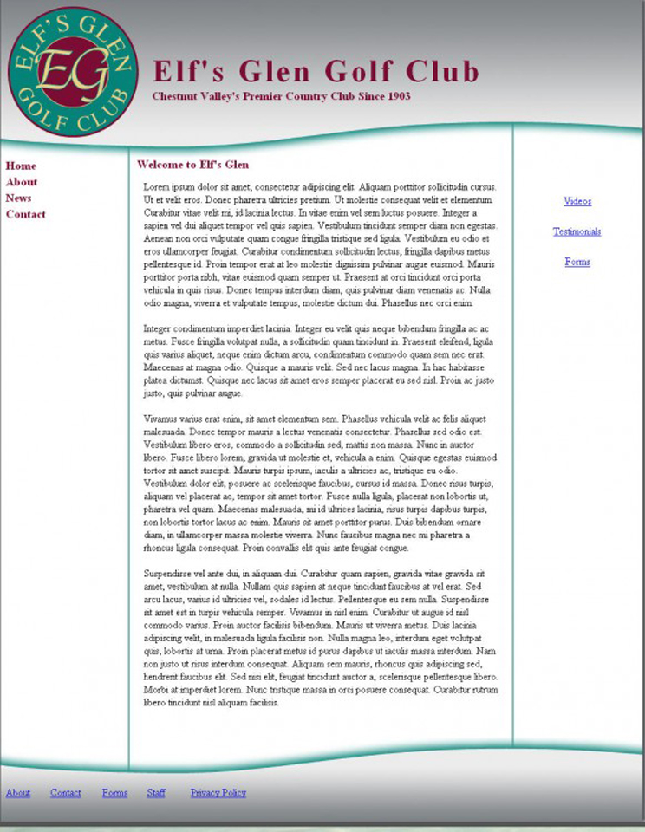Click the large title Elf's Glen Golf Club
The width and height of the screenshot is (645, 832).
pos(316,71)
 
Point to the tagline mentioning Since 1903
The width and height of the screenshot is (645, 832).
pos(281,96)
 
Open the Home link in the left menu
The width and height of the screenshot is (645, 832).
pos(21,166)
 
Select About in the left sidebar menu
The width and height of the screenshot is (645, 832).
pos(22,182)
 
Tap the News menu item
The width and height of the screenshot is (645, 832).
pos(18,198)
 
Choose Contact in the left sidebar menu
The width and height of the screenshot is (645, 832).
pos(26,214)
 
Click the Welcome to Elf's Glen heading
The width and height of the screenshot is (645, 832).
pos(192,164)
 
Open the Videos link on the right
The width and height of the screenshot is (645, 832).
pos(577,201)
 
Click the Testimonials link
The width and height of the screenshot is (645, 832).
pos(577,231)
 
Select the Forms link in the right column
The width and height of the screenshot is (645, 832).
pos(577,262)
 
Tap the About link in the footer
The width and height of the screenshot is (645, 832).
pos(18,793)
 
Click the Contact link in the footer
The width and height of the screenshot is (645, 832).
pos(66,793)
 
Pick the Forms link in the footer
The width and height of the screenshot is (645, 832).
pos(114,793)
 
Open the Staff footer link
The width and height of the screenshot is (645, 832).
pos(156,793)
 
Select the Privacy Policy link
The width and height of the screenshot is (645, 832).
pos(218,793)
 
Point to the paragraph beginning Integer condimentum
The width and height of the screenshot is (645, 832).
pos(317,361)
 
